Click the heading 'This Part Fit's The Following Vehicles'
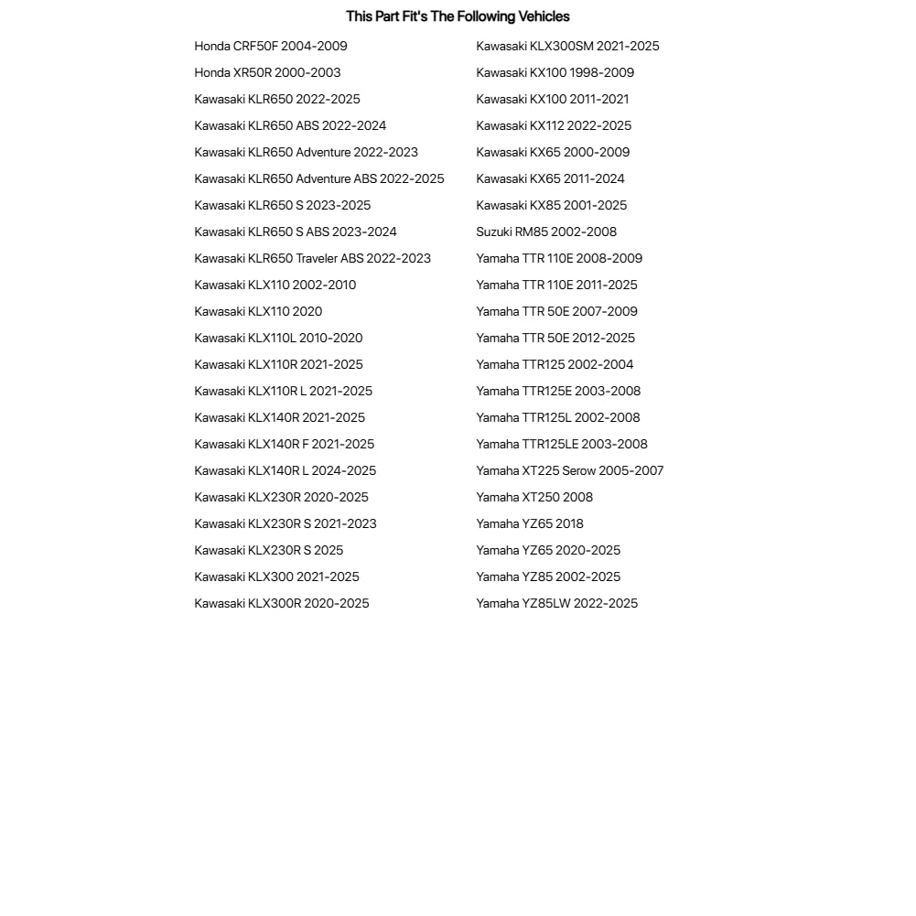click(x=458, y=16)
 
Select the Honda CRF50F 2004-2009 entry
click(x=271, y=47)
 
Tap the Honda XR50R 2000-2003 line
click(x=267, y=73)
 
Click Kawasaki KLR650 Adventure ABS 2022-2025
click(x=319, y=179)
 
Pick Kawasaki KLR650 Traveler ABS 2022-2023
click(x=312, y=259)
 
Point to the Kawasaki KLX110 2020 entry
click(x=258, y=312)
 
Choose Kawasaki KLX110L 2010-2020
click(x=278, y=339)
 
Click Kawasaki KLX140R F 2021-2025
click(x=284, y=445)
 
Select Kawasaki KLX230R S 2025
click(x=268, y=551)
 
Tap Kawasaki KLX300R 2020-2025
click(x=282, y=604)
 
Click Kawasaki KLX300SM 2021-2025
click(x=567, y=47)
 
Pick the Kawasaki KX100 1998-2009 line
click(x=555, y=73)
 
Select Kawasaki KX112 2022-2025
click(x=554, y=126)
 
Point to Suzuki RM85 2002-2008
click(x=546, y=232)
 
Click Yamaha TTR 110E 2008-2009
click(x=559, y=259)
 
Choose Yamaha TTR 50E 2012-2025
click(x=555, y=339)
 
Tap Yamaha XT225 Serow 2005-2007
click(x=569, y=471)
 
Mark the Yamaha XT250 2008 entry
click(x=534, y=498)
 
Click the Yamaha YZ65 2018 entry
click(x=530, y=524)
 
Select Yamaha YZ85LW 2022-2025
click(x=556, y=604)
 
